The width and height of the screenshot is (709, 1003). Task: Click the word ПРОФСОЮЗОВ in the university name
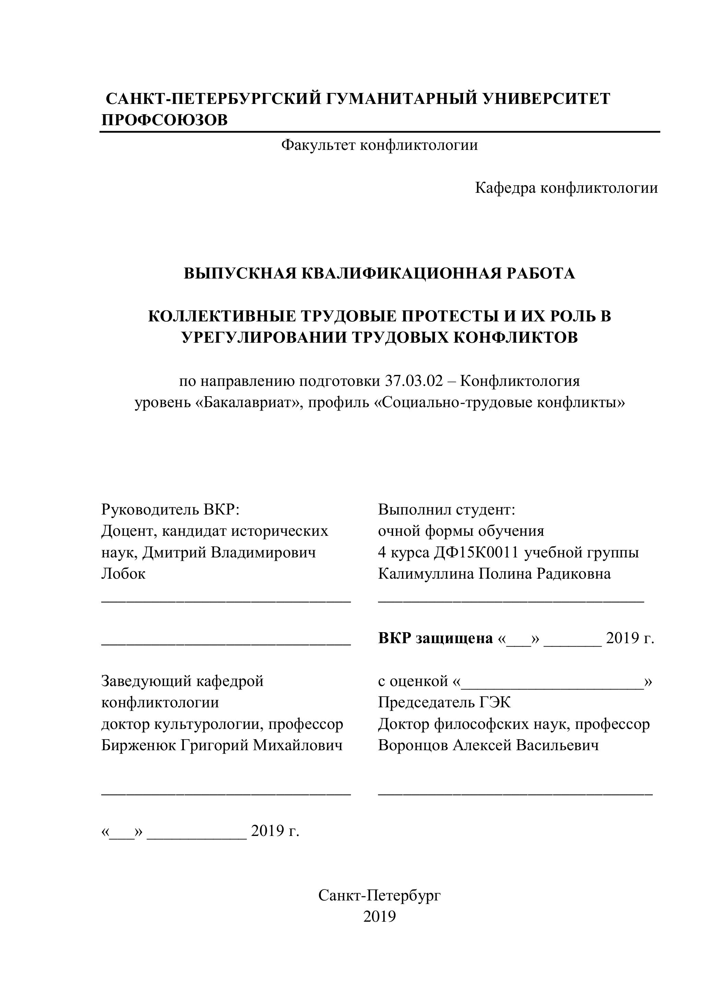(164, 119)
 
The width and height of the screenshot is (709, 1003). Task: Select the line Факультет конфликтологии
(379, 145)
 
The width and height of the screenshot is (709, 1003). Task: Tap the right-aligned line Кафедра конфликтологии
(566, 188)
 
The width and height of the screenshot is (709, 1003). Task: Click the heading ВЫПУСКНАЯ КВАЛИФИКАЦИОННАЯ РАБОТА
(379, 273)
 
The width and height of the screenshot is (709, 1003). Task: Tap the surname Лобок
(123, 574)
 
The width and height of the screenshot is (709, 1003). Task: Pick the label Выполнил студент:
(447, 509)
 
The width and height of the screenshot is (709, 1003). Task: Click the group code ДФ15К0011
(476, 552)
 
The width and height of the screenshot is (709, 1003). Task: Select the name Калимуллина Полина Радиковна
(494, 574)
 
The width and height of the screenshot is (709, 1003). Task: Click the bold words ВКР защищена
(435, 638)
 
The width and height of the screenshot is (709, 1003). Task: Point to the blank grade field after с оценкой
(552, 682)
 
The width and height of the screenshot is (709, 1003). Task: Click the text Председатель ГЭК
(444, 703)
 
